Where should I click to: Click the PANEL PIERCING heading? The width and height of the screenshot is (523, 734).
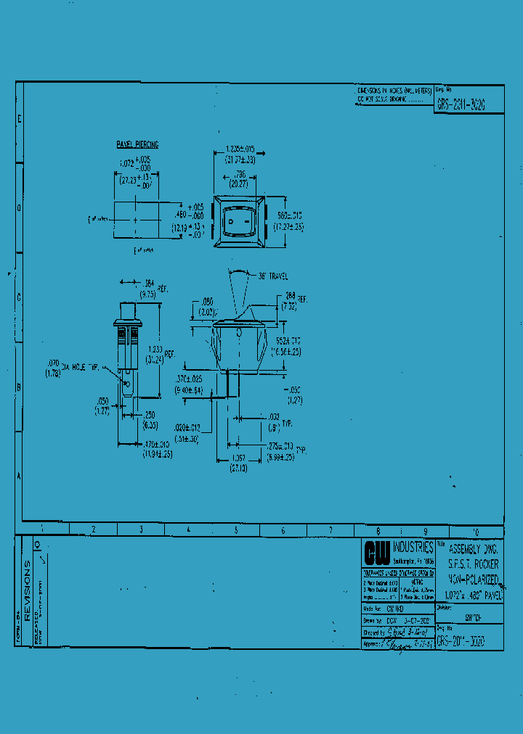coord(137,145)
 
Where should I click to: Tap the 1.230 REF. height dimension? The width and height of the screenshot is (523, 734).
coord(159,353)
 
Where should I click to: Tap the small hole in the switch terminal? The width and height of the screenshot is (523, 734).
coord(128,382)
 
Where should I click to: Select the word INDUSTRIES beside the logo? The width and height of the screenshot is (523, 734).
coord(413,547)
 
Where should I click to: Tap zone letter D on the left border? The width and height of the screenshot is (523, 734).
coord(19,208)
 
